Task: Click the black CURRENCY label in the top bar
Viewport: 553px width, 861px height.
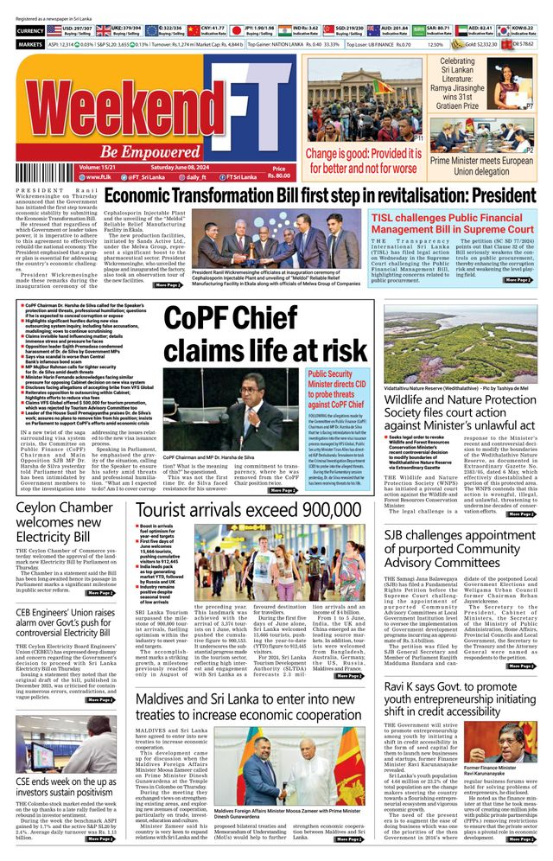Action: [x=30, y=30]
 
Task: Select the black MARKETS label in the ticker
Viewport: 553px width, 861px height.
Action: [x=30, y=43]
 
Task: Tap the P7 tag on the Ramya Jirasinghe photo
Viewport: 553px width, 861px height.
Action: [x=530, y=106]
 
